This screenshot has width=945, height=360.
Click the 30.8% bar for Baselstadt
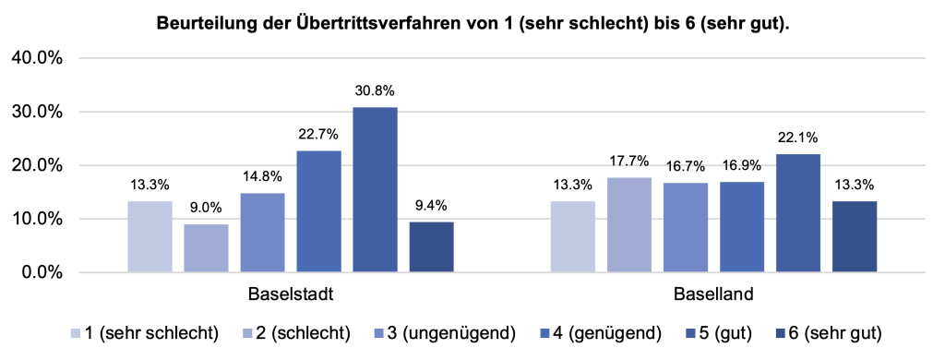point(375,190)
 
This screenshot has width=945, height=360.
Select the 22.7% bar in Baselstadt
point(319,211)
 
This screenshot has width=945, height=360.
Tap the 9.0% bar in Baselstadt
point(207,248)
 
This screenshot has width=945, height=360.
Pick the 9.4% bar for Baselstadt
point(431,247)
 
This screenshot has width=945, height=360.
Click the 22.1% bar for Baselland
point(797,213)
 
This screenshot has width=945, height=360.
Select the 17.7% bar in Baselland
point(628,225)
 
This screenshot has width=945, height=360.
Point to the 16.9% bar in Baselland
point(741,227)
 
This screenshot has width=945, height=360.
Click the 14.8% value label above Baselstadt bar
point(262,179)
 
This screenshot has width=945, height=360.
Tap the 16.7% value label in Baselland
point(685,167)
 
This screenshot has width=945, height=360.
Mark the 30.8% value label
point(375,91)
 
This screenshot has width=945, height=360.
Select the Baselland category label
point(712,296)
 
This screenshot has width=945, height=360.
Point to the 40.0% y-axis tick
point(36,58)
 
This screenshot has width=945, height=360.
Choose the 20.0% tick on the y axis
point(36,166)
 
